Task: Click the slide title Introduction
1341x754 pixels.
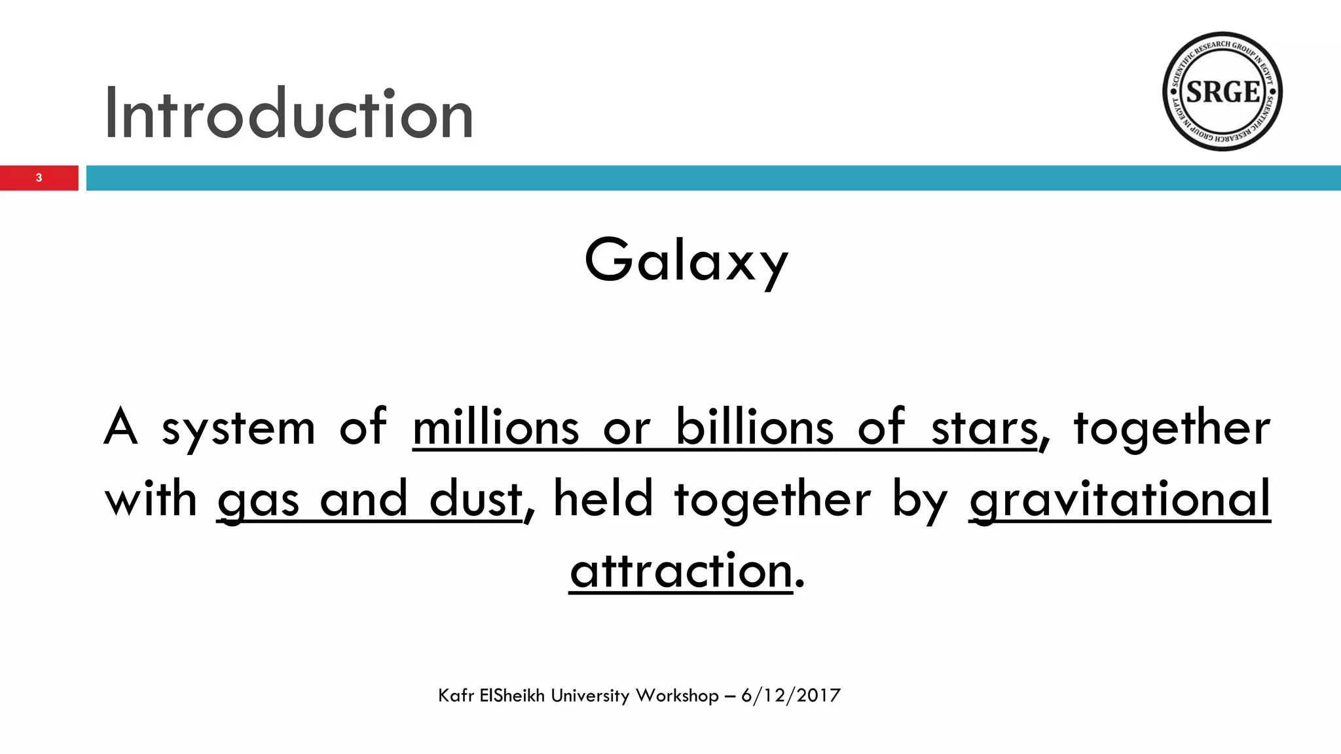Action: pos(288,114)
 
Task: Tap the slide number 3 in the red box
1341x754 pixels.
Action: pos(39,178)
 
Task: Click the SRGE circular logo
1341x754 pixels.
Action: pos(1222,92)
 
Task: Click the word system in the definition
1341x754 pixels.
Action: pos(238,429)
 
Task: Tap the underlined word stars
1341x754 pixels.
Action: pos(984,429)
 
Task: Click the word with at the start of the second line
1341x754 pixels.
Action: pos(151,499)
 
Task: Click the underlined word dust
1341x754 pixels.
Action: pos(475,499)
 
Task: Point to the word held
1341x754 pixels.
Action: pos(603,499)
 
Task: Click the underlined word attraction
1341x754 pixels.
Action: pos(681,571)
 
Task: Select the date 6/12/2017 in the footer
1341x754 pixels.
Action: pos(790,695)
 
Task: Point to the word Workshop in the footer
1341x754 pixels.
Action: pos(677,695)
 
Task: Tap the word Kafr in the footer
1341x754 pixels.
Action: pos(456,695)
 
